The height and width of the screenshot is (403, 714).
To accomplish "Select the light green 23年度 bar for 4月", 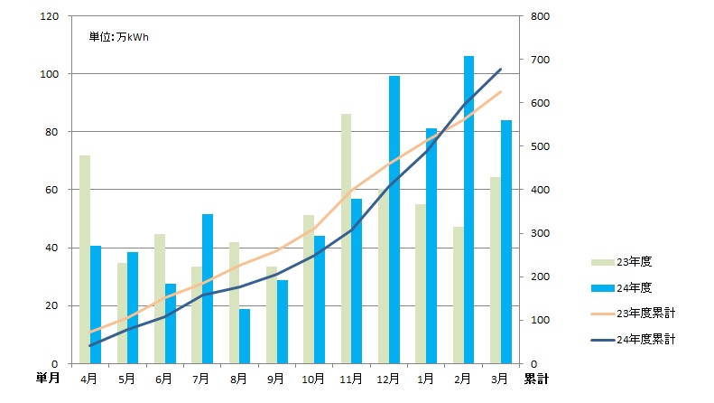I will point(85,259).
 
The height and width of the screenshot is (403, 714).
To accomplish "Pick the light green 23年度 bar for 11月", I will point(346,239).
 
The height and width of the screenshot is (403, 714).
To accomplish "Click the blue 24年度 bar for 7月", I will point(208,288).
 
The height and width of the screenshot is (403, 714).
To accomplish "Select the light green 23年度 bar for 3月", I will point(496,270).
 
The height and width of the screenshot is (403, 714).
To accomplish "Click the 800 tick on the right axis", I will point(538,16).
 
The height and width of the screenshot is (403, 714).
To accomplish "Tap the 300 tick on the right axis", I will point(538,233).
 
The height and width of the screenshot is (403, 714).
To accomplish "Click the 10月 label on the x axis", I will point(314,379).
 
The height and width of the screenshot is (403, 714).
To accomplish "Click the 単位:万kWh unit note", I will point(117,37).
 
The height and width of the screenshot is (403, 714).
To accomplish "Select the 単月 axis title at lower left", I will point(49,378).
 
